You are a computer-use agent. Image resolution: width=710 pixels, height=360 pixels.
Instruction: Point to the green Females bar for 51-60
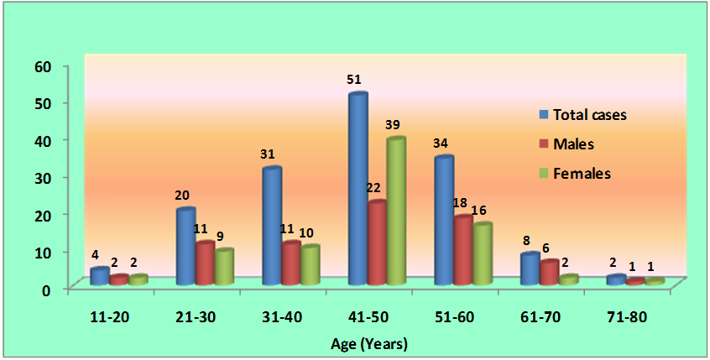point(482,254)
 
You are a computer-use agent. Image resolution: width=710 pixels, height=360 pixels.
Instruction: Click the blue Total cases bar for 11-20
point(100,276)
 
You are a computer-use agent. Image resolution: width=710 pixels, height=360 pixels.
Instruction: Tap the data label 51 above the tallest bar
point(354,80)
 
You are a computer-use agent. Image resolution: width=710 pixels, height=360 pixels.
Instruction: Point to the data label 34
point(441,143)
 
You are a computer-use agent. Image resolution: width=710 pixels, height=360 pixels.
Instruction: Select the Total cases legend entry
point(583,115)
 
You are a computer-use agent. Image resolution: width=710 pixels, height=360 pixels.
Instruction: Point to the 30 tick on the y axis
point(41,177)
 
